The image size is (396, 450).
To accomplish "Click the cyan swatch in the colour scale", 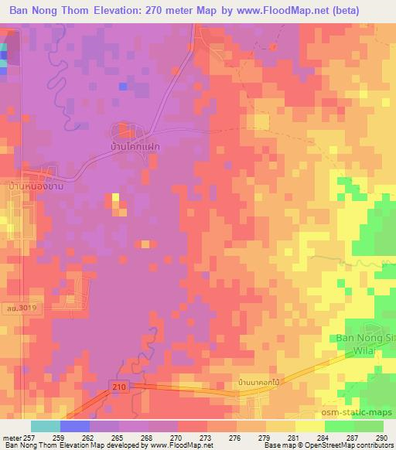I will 46,426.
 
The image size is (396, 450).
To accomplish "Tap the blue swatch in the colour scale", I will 74,426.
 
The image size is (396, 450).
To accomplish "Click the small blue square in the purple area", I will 122,86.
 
